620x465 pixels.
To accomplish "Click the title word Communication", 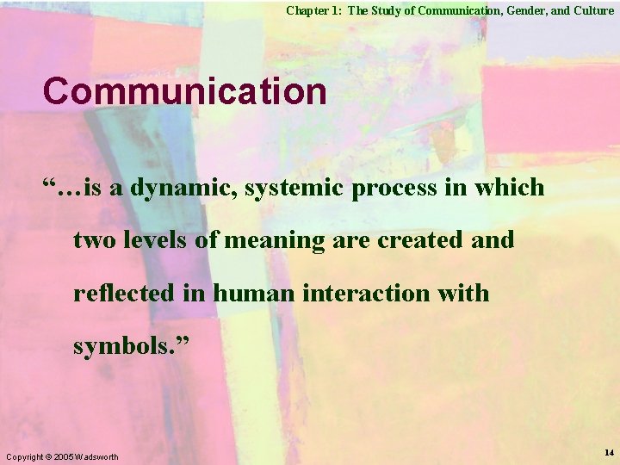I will coord(184,91).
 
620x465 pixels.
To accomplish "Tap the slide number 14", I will coord(609,452).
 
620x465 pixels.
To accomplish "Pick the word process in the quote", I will coord(394,188).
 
